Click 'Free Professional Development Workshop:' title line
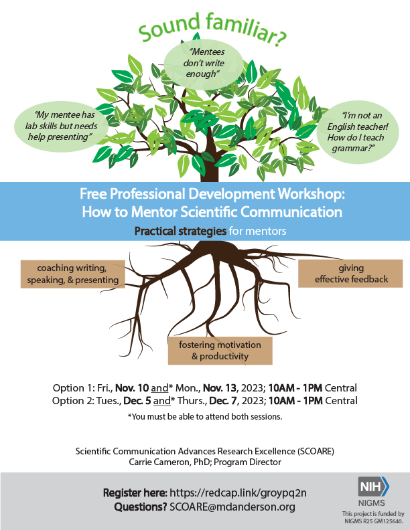212,195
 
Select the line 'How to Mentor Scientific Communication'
212,213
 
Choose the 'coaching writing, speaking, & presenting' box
73,274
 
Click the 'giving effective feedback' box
351,273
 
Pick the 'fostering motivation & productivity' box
220,351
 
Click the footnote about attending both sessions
204,417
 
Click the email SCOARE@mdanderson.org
232,507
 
